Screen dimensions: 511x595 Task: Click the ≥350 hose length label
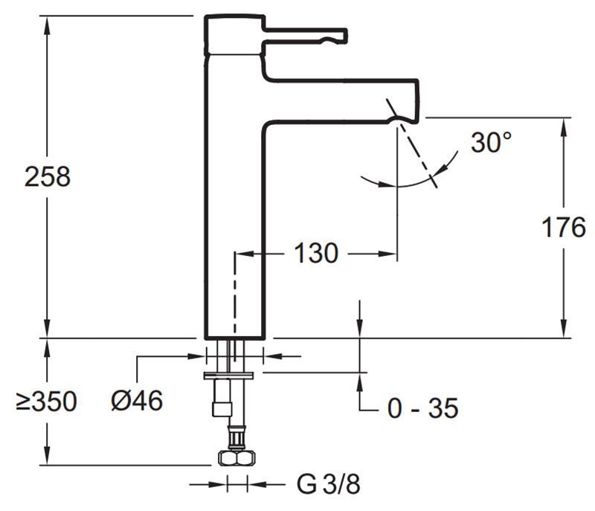(x=46, y=402)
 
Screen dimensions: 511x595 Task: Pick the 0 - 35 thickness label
(x=422, y=408)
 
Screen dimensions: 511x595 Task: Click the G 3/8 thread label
(x=329, y=485)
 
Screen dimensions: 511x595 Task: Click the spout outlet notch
(x=395, y=116)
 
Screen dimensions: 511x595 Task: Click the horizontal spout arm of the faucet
(x=342, y=97)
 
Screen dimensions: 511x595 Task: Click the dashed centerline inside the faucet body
(x=235, y=298)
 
